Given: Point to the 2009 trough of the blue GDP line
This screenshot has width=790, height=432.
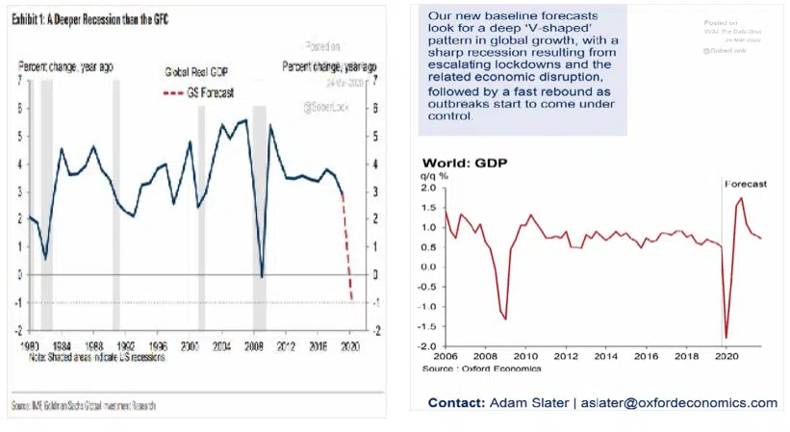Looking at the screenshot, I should tap(261, 277).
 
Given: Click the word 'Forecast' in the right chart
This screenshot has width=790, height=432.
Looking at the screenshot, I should tap(745, 183).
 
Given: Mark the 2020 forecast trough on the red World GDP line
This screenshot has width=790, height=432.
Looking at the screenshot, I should tap(726, 338).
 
